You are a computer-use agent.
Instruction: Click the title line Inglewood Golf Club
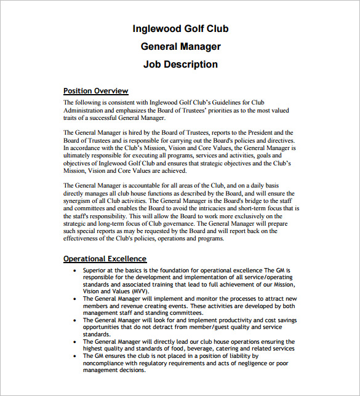(180, 29)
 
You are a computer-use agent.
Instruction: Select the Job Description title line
(180, 64)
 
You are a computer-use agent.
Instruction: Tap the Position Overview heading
(96, 91)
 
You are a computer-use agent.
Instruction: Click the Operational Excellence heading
(105, 259)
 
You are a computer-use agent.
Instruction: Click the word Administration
(86, 111)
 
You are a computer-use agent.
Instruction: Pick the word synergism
(82, 200)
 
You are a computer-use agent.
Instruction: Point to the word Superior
(95, 270)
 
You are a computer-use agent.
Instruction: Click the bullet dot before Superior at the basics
(74, 270)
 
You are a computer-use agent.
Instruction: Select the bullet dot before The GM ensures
(74, 356)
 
